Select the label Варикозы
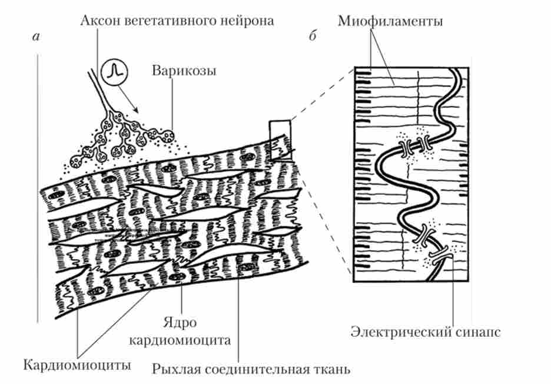coord(184,71)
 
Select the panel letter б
coord(312,37)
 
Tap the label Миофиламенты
coord(390,21)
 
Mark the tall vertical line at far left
coord(37,188)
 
